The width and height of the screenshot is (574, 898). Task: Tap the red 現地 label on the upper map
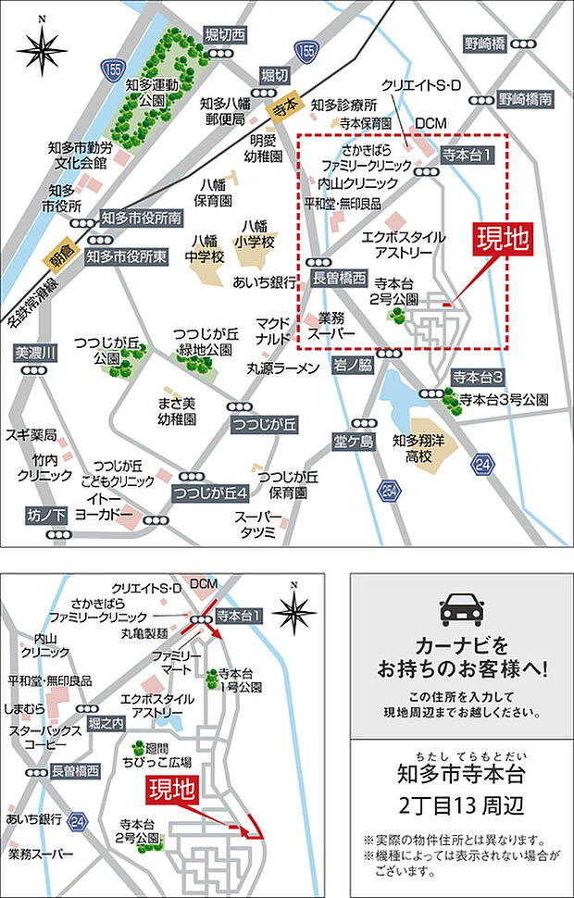[x=502, y=240]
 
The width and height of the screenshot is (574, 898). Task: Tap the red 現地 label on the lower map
[x=171, y=790]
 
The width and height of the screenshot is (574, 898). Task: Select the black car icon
[x=461, y=607]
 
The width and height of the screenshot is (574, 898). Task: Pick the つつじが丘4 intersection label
[x=211, y=491]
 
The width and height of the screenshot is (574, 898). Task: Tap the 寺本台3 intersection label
[x=478, y=377]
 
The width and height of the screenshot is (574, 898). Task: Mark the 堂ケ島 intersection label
[x=354, y=440]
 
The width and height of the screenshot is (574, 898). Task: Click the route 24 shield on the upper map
[x=483, y=462]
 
